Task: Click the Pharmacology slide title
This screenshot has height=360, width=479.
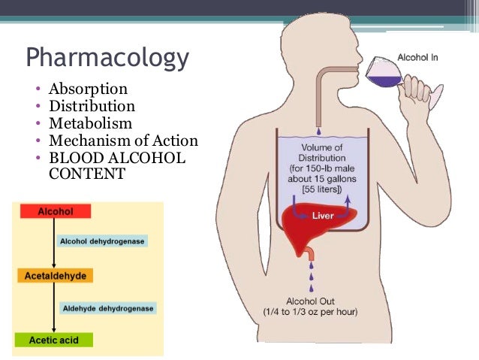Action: tap(107, 58)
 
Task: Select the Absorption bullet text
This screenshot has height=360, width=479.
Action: tap(88, 89)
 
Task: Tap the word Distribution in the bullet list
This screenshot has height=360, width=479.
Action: tap(92, 106)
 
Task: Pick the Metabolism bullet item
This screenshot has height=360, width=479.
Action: tap(90, 123)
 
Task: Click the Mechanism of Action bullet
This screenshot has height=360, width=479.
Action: tap(123, 141)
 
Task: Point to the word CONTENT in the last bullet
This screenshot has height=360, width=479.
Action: tap(87, 174)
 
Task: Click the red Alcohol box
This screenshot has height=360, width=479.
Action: tap(56, 211)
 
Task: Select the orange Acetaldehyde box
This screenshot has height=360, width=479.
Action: tap(56, 276)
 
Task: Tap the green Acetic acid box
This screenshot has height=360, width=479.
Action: tap(54, 340)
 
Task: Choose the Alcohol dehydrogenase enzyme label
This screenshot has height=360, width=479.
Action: tap(102, 241)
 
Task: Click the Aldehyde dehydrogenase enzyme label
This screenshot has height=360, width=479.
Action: tap(108, 308)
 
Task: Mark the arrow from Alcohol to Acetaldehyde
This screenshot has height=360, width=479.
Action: tap(54, 244)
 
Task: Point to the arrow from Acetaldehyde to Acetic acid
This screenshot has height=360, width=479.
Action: tap(54, 307)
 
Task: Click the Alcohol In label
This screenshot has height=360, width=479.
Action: tap(417, 58)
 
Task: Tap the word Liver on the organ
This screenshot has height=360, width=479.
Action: tap(323, 216)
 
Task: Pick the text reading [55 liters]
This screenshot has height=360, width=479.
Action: tap(322, 189)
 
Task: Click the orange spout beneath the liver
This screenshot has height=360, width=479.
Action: tap(310, 253)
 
